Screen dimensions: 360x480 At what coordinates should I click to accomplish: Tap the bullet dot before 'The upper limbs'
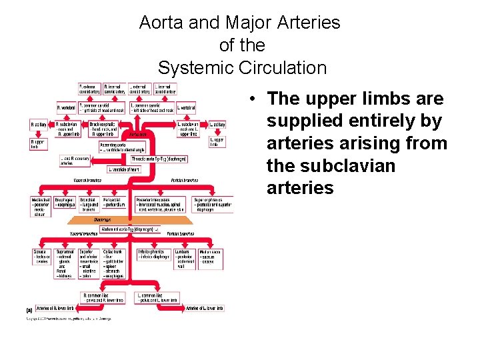(255, 99)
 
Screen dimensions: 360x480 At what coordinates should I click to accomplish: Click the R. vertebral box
(66, 107)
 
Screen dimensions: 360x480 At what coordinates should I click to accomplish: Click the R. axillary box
(39, 125)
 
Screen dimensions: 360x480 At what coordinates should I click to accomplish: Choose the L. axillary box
(217, 125)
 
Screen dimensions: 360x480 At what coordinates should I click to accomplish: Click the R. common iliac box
(103, 297)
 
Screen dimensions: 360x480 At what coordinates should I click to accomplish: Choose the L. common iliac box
(157, 297)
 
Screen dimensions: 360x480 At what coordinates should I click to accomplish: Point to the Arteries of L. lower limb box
(205, 308)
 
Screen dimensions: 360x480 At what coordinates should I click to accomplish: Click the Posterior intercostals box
(161, 205)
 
